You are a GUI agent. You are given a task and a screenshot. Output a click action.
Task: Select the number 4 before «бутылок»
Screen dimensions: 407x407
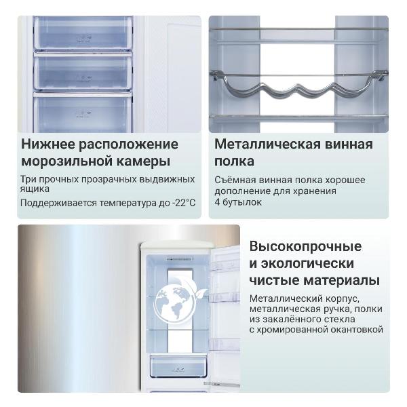218,202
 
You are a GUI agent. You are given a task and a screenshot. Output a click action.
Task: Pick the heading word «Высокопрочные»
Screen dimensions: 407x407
305,246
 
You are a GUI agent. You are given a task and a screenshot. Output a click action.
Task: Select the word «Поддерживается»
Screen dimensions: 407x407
60,203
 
